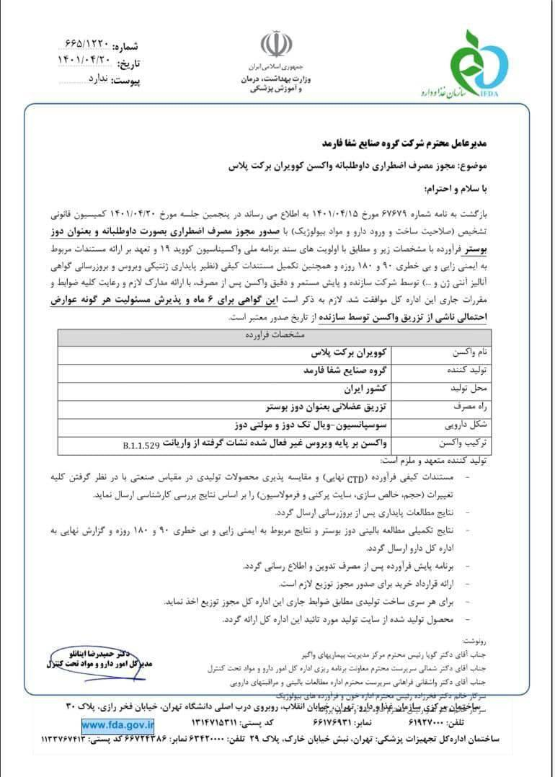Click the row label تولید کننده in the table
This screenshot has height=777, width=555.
(468, 370)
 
